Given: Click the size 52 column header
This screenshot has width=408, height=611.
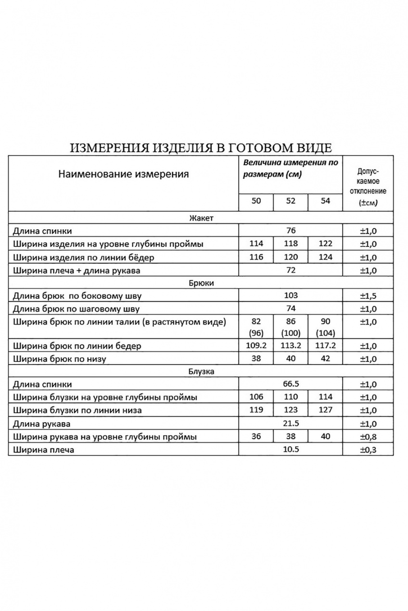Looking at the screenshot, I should [x=291, y=201].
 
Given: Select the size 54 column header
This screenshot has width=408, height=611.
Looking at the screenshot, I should [x=326, y=201].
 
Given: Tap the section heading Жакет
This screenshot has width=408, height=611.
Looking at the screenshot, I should [x=201, y=218].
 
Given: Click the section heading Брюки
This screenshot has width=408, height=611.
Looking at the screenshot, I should [x=201, y=283].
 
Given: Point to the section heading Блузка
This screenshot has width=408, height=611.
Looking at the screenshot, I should [x=201, y=371].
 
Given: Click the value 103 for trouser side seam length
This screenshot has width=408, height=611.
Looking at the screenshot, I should [x=291, y=295].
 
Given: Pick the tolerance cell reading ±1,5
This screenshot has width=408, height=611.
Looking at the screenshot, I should [x=369, y=296].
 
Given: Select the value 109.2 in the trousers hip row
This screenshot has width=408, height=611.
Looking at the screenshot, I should [x=256, y=345].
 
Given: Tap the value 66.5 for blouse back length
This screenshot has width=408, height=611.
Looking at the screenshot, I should [x=291, y=384].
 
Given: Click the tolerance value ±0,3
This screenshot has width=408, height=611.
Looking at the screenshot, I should [x=369, y=450].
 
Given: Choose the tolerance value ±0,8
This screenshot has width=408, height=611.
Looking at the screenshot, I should [x=369, y=437].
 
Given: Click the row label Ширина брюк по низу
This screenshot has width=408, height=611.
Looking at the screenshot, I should [x=60, y=358].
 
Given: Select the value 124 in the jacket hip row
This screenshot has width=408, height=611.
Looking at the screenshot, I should [x=326, y=257].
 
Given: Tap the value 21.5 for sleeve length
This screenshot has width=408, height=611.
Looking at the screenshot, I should [x=291, y=424].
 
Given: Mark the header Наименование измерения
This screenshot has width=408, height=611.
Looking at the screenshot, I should [x=123, y=174].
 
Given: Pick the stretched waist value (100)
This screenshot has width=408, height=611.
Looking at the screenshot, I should [x=291, y=332].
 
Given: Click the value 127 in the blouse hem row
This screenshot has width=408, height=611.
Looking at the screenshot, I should [x=326, y=410].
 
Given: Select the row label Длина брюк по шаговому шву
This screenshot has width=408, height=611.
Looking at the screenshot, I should [x=77, y=309].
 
